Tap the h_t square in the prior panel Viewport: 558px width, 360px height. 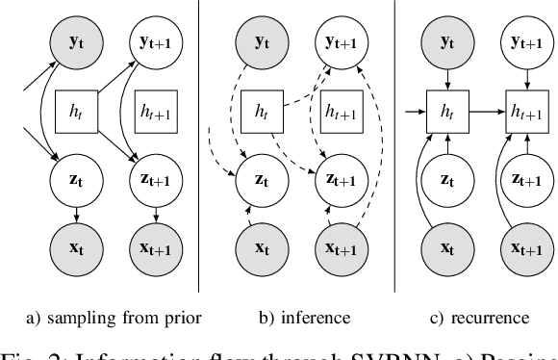coord(77,113)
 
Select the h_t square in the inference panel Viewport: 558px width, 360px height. coord(258,113)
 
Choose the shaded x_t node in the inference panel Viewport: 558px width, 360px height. coord(258,246)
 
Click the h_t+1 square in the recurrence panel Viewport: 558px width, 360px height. coord(523,113)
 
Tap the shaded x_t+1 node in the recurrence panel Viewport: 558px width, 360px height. coord(523,246)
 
